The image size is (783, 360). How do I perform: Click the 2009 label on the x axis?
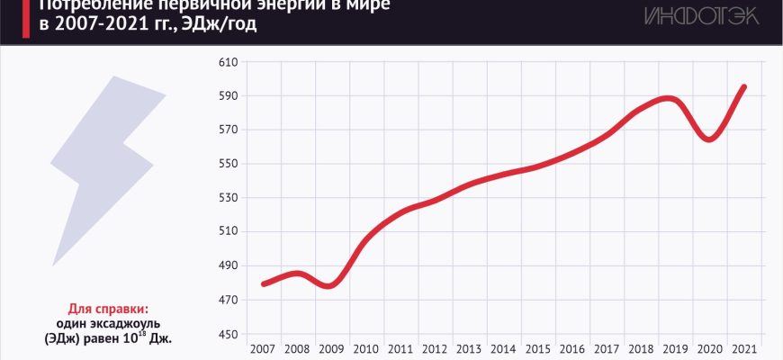pos(332,348)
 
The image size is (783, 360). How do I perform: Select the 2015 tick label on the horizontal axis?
pos(538,348)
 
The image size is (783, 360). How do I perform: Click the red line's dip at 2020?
pos(710,139)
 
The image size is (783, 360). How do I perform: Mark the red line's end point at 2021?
pos(743,87)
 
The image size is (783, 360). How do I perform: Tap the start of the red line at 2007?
pos(264,283)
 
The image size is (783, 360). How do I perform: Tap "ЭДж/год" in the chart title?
pos(221,24)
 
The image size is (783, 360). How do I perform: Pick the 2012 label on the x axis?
pos(436,348)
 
